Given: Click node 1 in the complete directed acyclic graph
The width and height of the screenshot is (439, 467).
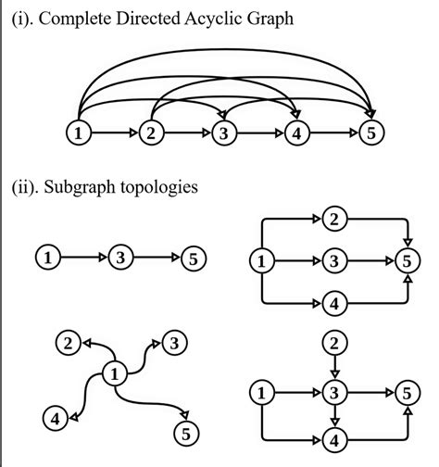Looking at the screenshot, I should [x=81, y=133].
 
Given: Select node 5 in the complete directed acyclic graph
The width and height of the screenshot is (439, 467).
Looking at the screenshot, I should [x=371, y=133].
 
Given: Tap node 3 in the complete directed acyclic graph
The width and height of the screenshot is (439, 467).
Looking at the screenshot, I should [x=224, y=133].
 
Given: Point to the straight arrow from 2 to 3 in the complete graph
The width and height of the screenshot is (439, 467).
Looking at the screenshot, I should [x=188, y=133].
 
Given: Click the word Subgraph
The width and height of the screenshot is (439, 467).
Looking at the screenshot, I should [x=88, y=187].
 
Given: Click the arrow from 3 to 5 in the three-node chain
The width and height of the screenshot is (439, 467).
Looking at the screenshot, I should [x=156, y=257].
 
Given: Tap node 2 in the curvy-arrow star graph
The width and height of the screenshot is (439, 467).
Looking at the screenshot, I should [x=66, y=345].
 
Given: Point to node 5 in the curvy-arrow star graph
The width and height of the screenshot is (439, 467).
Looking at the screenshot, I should [x=184, y=432].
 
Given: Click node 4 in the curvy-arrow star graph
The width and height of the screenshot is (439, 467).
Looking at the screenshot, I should [x=56, y=419].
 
